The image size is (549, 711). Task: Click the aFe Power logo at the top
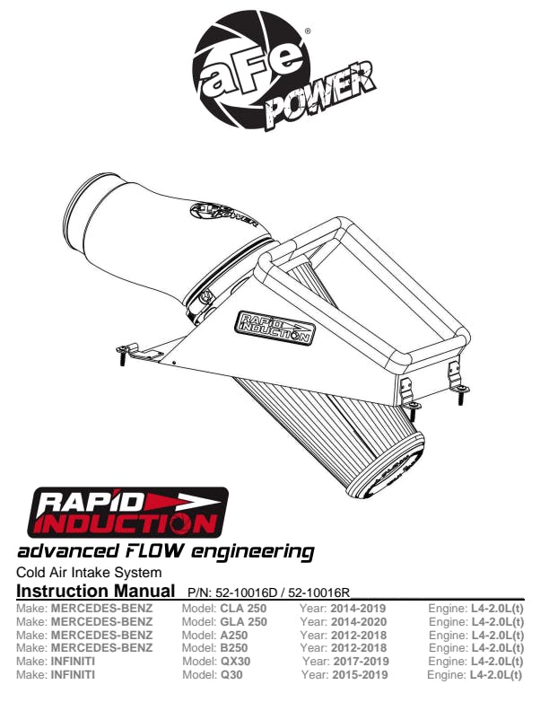pos(284,71)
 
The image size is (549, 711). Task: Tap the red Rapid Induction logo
pos(127,513)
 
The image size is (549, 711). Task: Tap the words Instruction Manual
pos(96,591)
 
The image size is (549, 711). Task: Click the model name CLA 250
pos(243,608)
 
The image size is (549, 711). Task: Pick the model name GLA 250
pos(244,621)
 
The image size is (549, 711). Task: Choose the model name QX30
pos(236,662)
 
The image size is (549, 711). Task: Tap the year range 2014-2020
pos(359,621)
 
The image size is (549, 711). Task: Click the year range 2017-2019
pos(361,662)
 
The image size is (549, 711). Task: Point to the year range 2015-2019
pos(360,675)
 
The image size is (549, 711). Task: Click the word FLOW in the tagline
pos(152,551)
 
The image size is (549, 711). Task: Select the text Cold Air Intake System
pos(89,572)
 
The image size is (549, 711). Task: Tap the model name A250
pos(234,636)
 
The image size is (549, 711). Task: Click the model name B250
pos(234,648)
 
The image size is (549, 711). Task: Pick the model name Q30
pos(231,675)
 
